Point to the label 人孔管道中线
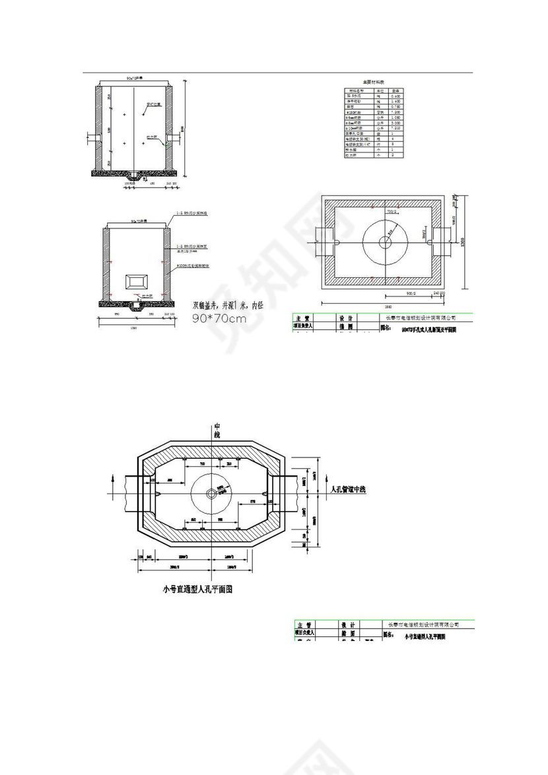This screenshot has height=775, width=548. [x=357, y=490]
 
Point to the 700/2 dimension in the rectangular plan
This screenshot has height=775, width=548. [x=391, y=213]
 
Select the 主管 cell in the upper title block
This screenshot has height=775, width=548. [x=304, y=318]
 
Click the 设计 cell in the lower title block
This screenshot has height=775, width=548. [x=347, y=624]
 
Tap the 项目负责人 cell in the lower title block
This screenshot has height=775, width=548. [x=304, y=632]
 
